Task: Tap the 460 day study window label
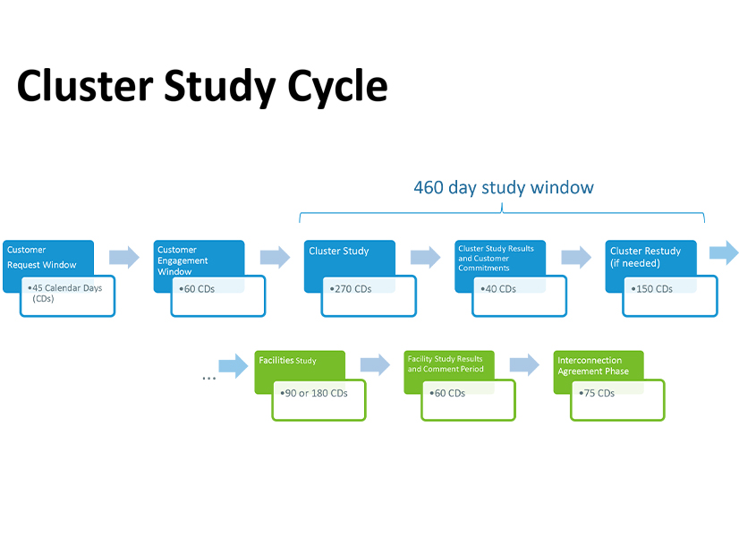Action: [503, 187]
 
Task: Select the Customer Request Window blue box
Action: [47, 256]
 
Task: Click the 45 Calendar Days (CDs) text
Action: [67, 293]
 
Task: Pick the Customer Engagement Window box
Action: [199, 258]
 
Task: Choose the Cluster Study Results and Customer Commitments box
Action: [499, 257]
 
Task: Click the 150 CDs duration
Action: [654, 289]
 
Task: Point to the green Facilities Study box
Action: [299, 362]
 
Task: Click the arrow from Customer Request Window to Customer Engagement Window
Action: [124, 258]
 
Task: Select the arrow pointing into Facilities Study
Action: [234, 364]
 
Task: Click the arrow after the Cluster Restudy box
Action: [724, 252]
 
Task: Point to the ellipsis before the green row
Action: [208, 378]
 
